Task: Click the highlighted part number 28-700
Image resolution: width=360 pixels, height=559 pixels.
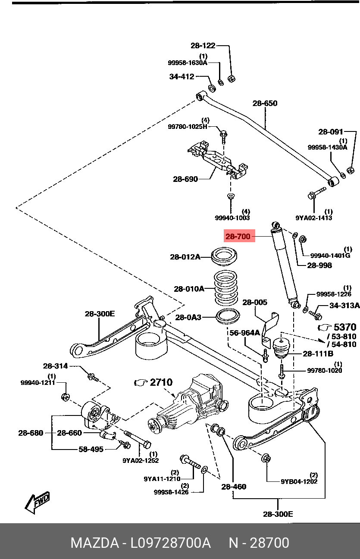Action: [238, 236]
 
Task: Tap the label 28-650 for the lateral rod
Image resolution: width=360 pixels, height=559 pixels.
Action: [265, 103]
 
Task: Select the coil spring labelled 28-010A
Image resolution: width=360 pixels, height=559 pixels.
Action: [225, 289]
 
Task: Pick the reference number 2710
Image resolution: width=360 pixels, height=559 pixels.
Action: [161, 382]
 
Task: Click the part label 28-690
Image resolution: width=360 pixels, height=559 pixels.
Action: [185, 179]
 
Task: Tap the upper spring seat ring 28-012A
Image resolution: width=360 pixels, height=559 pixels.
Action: [224, 256]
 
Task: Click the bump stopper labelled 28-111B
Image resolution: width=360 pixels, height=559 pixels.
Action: [281, 348]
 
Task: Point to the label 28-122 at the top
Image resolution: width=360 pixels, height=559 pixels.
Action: [203, 45]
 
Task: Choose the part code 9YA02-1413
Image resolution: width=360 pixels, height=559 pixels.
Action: [314, 218]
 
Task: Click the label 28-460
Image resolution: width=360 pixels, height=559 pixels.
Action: [234, 487]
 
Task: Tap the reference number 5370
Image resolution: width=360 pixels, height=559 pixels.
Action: [345, 327]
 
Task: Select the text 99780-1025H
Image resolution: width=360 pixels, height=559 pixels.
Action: [188, 127]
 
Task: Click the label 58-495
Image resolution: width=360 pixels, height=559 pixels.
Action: [91, 449]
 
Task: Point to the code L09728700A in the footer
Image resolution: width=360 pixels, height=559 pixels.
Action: [171, 543]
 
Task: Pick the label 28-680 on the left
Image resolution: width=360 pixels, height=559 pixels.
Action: [31, 433]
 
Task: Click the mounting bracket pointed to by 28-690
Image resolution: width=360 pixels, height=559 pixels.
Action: [217, 160]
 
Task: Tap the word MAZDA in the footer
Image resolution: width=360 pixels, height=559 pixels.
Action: [95, 543]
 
